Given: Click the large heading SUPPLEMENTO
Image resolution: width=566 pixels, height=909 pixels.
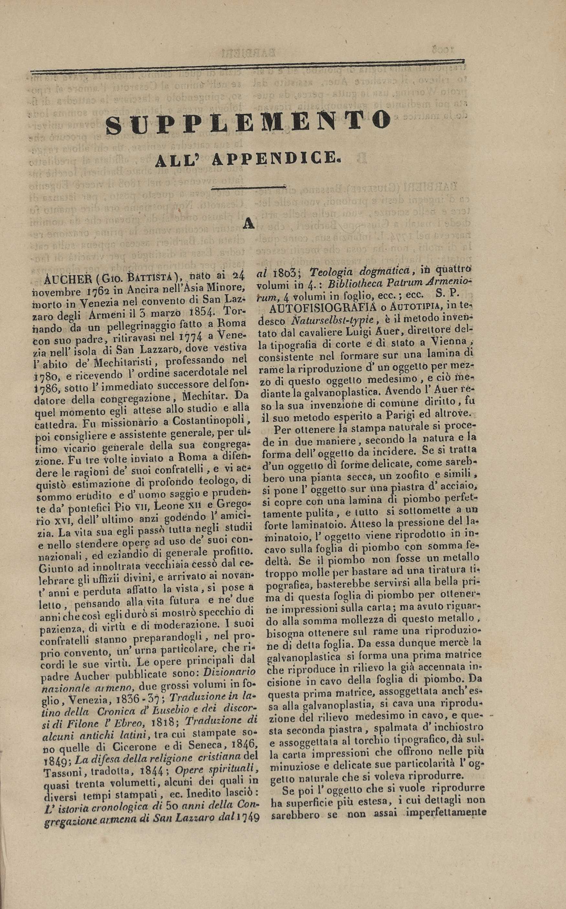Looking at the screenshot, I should coord(248,121).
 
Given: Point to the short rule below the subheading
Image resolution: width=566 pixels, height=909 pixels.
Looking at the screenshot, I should coord(248,188).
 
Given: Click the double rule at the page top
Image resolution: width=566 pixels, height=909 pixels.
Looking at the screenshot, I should coord(247,66).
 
